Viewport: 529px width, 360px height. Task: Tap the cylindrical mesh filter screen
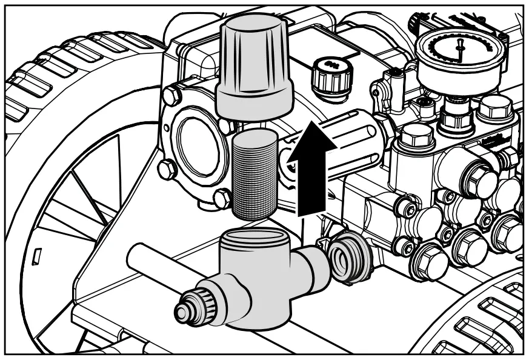[x=254, y=176]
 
